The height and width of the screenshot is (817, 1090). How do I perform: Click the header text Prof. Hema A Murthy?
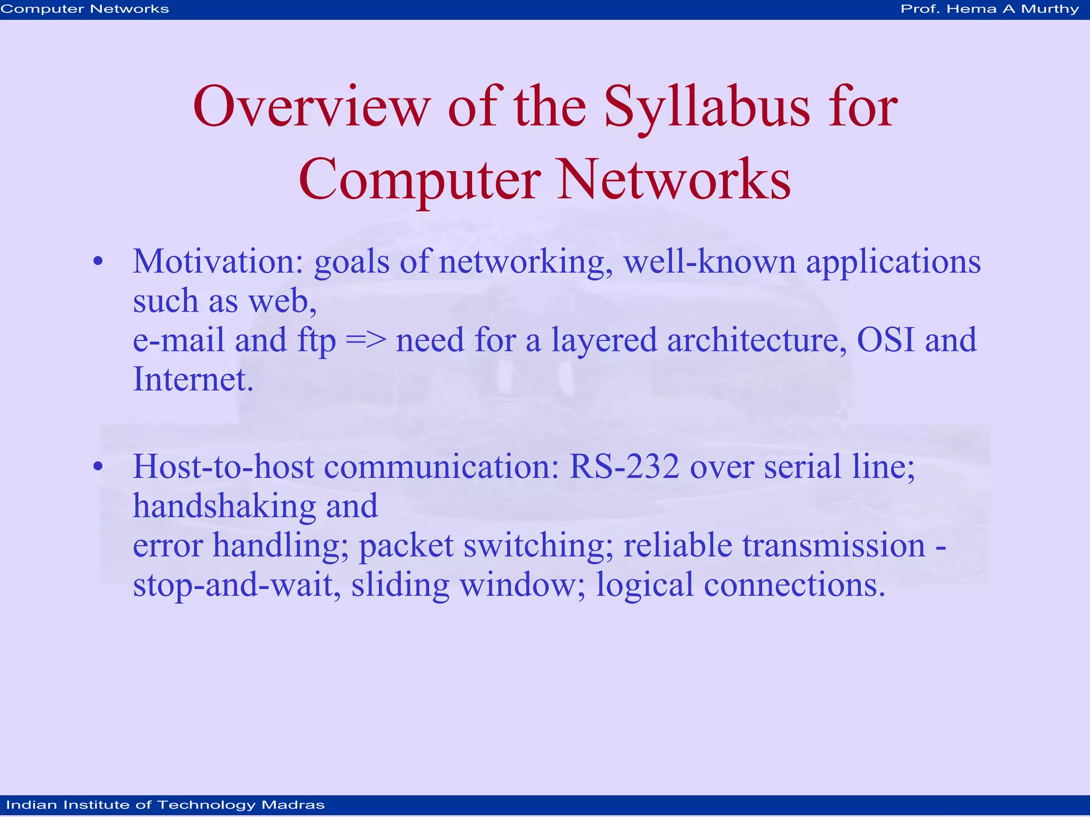pos(989,9)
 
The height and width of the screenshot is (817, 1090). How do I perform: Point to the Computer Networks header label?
pos(85,9)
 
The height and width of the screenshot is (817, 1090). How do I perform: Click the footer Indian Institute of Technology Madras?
pos(165,805)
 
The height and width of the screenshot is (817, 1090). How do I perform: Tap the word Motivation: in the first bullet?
pos(218,262)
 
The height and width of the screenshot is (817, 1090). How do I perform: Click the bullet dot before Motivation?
pos(98,262)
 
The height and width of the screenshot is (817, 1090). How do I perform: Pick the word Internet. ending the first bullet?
pos(193,379)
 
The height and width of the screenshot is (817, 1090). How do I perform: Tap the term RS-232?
pos(624,467)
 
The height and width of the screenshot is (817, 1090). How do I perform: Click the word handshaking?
pos(224,506)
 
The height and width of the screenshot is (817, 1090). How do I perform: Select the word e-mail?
pos(178,340)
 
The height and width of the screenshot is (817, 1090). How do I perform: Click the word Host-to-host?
pos(223,467)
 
